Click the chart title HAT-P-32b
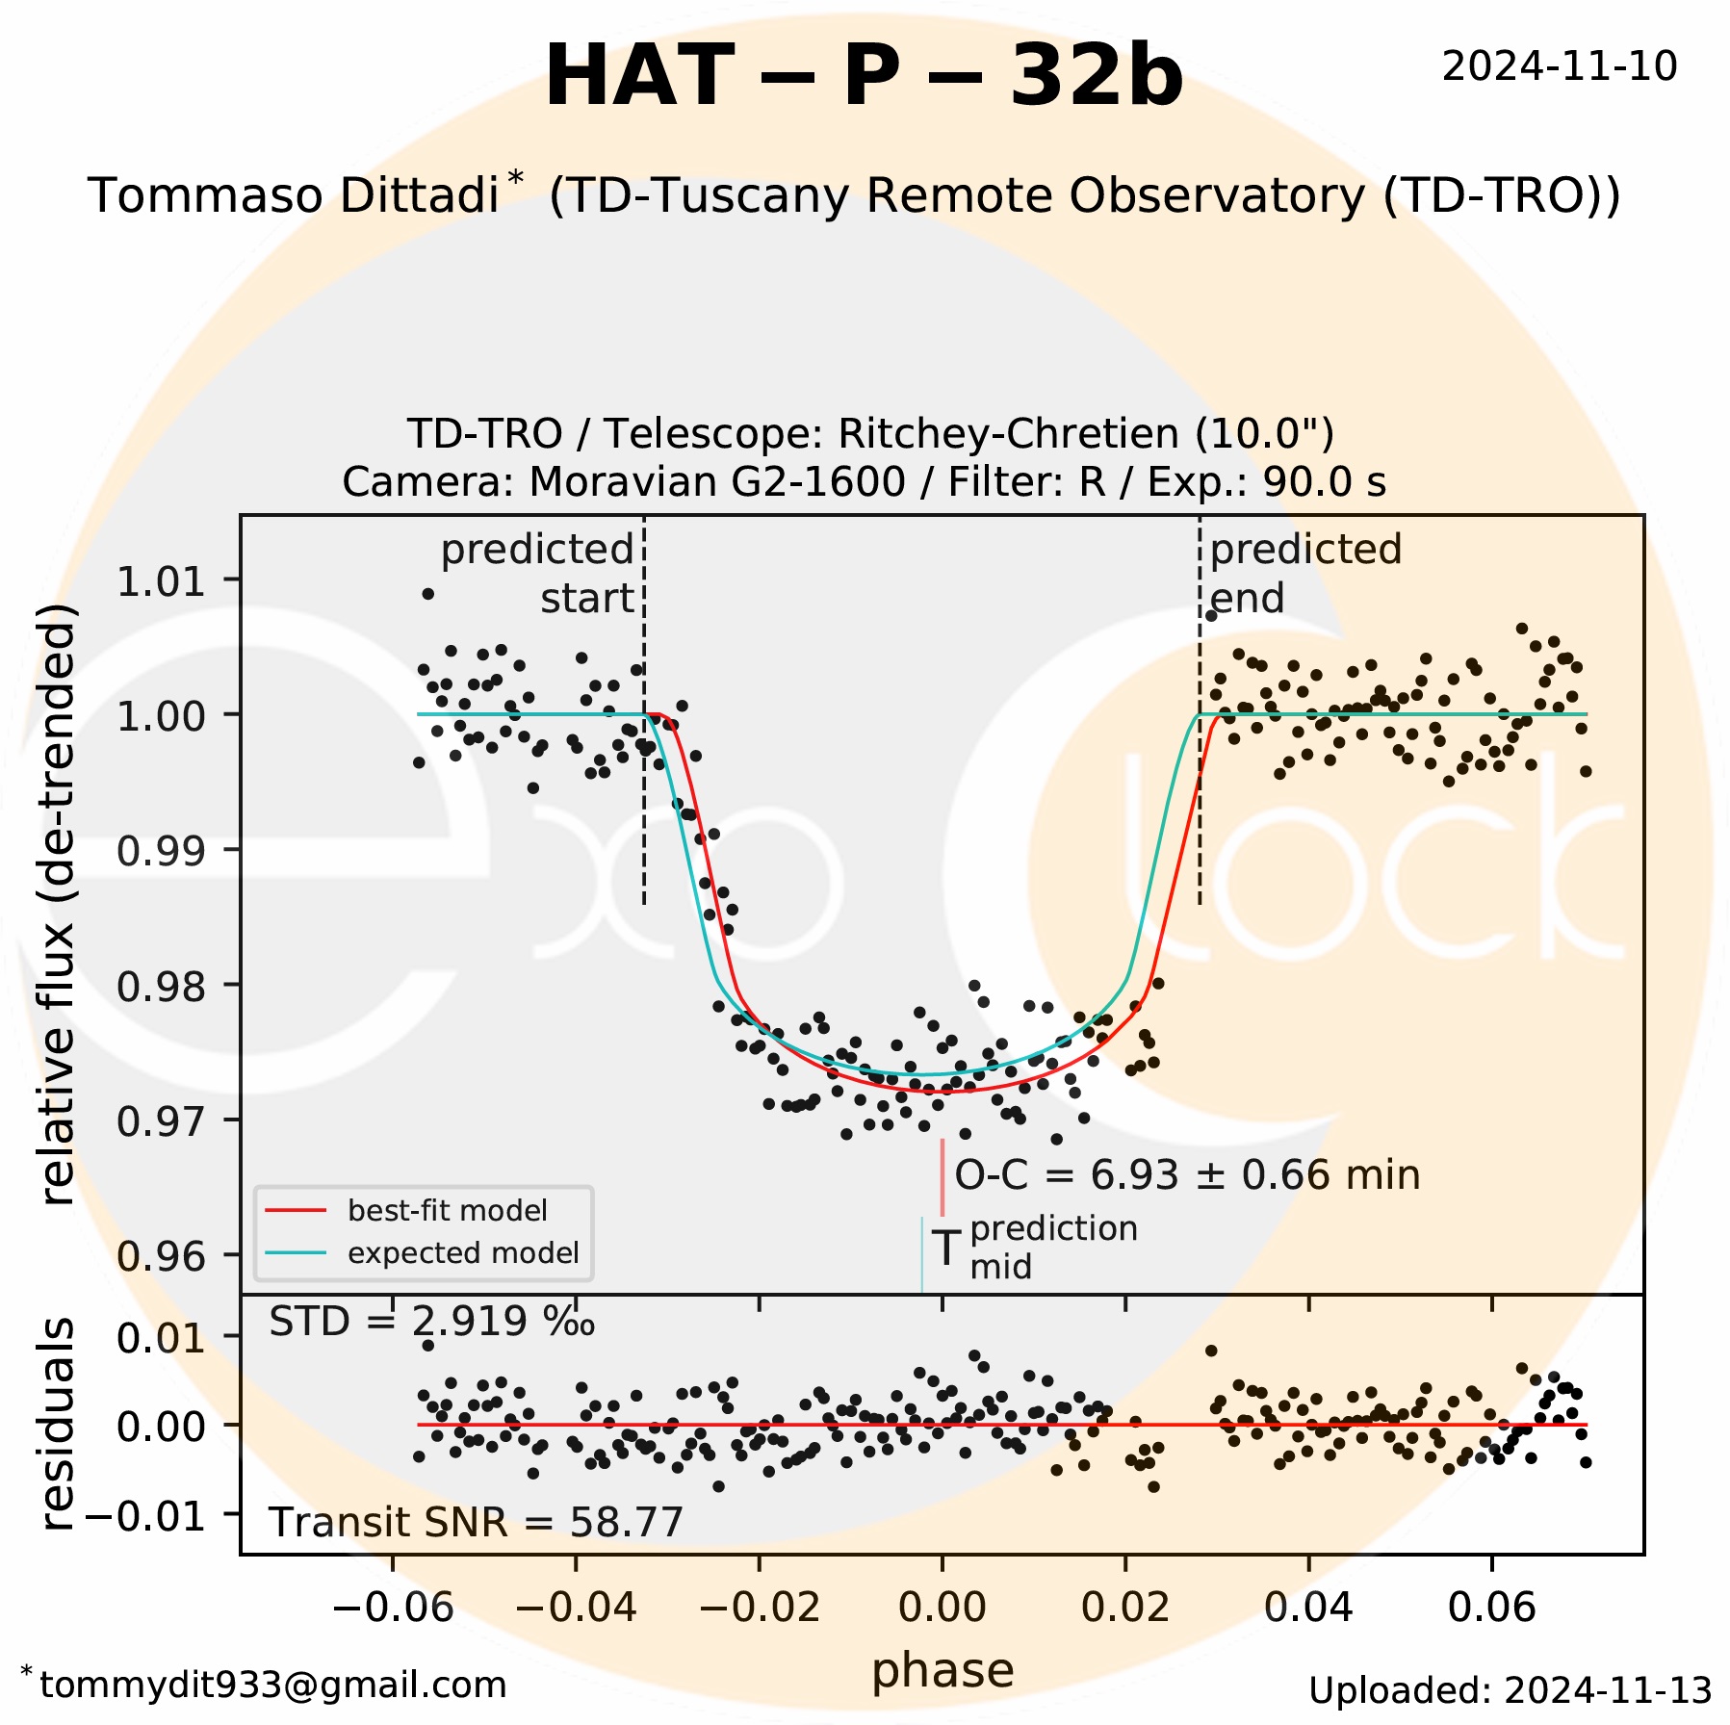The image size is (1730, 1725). (x=864, y=77)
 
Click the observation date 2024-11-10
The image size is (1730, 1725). (x=1559, y=66)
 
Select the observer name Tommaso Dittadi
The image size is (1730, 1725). (x=294, y=195)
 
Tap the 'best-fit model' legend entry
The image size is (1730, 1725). (x=447, y=1210)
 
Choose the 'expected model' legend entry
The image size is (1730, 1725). (x=462, y=1253)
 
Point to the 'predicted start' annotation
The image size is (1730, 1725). (x=538, y=574)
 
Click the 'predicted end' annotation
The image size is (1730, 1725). (x=1304, y=574)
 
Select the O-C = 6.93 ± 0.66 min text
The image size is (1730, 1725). (x=1187, y=1175)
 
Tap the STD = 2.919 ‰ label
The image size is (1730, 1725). (x=431, y=1323)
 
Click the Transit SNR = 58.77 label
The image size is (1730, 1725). (x=476, y=1523)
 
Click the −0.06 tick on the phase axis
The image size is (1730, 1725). (x=393, y=1608)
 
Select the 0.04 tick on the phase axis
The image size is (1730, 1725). (x=1308, y=1608)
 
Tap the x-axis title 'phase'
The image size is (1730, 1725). (x=942, y=1670)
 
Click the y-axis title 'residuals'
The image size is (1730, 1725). (x=58, y=1424)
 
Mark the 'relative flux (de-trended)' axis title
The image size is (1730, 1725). (x=58, y=904)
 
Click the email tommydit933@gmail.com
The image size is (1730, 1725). (x=272, y=1685)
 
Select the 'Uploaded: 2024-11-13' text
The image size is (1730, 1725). (x=1510, y=1689)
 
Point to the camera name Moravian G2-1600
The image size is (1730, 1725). (x=717, y=481)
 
